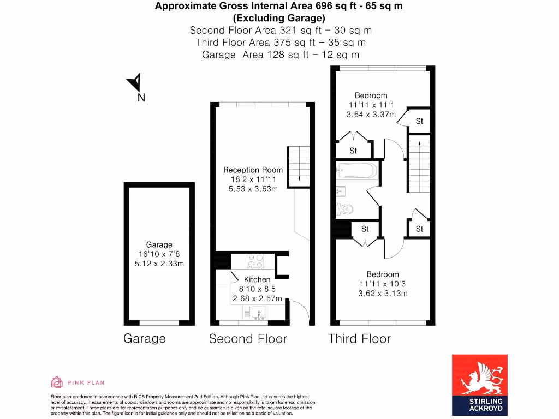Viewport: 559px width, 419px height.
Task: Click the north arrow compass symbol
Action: click(135, 83)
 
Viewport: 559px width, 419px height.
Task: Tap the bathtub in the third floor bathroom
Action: click(356, 171)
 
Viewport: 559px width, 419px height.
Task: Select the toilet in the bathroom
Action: click(344, 208)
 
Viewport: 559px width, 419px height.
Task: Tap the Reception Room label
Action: click(253, 170)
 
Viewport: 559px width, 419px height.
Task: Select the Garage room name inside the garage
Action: click(159, 244)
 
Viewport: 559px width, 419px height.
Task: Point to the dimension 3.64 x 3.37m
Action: click(371, 115)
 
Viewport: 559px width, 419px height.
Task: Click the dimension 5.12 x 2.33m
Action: click(159, 264)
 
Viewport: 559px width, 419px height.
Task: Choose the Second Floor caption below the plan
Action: click(247, 339)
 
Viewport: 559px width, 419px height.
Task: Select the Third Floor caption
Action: click(359, 339)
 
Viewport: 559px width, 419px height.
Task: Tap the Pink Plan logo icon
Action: click(57, 382)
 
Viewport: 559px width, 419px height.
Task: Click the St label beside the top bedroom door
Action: click(419, 122)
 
